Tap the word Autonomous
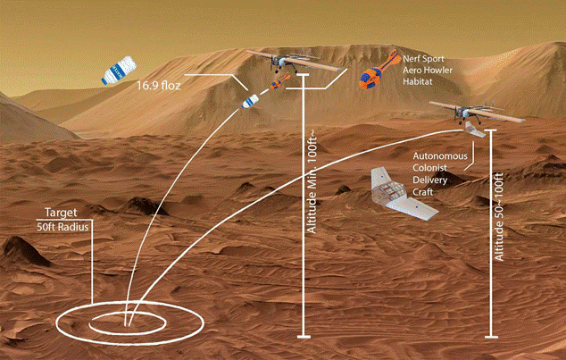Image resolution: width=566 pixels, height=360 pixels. [441, 157]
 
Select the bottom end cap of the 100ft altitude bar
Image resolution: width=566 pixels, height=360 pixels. [304, 337]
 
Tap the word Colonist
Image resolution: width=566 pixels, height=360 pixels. [431, 172]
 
